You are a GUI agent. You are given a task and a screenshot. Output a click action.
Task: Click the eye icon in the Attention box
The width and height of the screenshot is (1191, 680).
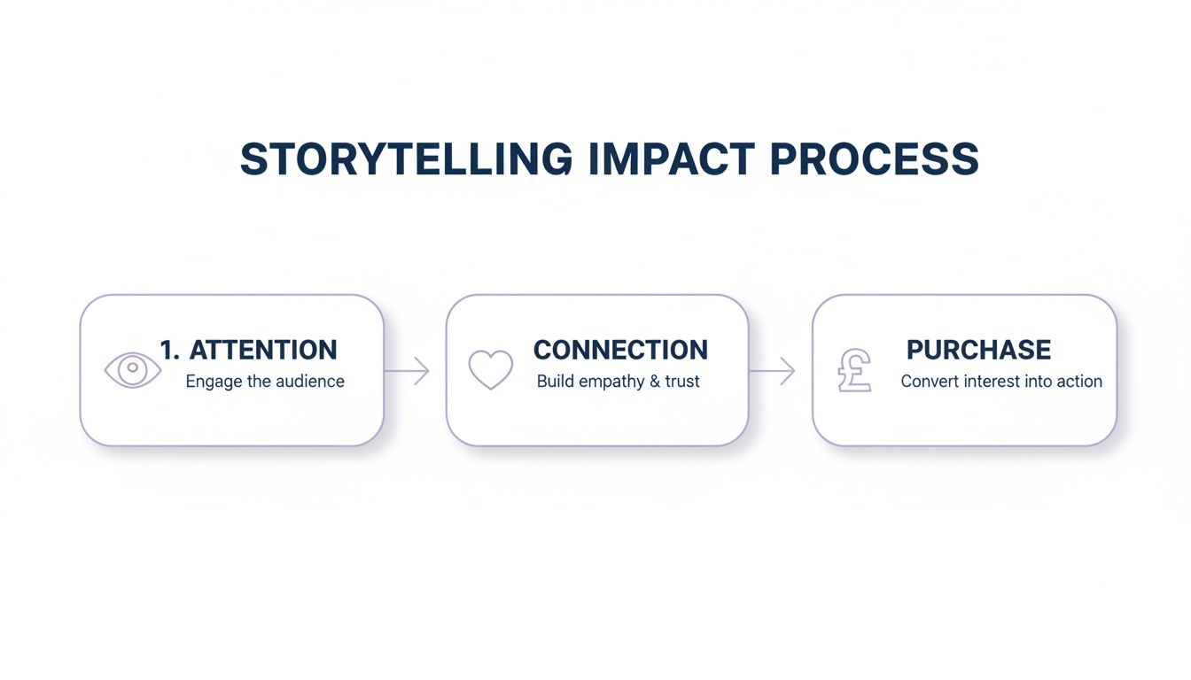[133, 369]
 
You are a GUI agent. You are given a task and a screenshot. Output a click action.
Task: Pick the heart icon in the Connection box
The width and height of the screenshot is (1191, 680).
[490, 369]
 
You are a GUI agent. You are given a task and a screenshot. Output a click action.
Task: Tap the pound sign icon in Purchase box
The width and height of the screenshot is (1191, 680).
[855, 370]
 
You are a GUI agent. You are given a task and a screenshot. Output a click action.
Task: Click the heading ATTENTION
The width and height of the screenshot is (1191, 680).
[263, 350]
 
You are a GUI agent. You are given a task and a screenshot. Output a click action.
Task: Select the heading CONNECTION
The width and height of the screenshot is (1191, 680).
[620, 350]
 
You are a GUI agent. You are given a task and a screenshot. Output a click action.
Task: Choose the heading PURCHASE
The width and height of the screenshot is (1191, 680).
[978, 350]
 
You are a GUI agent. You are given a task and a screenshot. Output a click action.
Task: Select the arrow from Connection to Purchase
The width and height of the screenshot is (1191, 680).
[773, 371]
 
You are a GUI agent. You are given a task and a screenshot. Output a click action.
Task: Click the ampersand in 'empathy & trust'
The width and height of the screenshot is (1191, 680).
[656, 382]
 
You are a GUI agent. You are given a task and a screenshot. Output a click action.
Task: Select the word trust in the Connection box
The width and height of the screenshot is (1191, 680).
[682, 382]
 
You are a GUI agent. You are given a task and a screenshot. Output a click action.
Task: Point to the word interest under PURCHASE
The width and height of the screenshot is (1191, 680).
[991, 382]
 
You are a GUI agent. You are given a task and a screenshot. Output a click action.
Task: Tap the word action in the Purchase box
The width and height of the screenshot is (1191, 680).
[1078, 382]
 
